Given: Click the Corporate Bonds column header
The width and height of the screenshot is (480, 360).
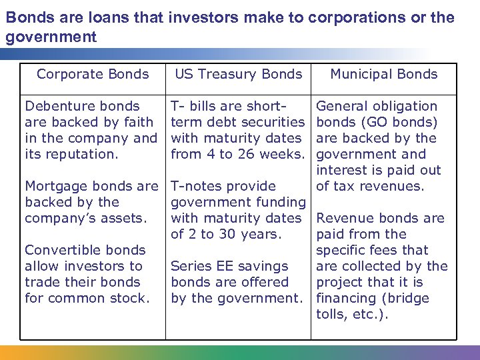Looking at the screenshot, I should pos(93,74).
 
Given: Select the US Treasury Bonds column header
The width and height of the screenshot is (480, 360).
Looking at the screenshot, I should pos(239,74).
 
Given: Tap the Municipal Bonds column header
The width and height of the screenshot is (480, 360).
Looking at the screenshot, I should pos(384,74).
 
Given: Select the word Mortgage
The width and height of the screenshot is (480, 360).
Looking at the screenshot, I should pos(55,186).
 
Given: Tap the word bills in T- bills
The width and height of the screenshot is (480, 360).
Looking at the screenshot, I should pos(205,106).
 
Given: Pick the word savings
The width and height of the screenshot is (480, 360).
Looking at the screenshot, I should pos(263,266).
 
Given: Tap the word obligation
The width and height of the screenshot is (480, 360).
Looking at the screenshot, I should pos(405,106).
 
